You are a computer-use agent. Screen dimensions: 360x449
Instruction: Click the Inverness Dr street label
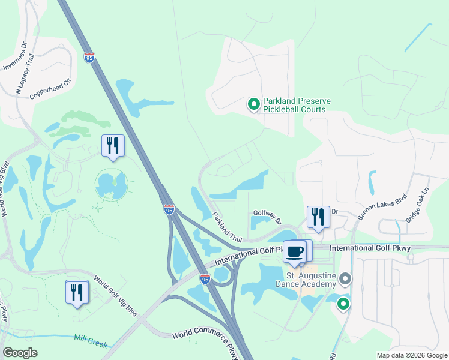[16, 56]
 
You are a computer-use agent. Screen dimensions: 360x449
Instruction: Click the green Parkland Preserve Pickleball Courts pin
[254, 105]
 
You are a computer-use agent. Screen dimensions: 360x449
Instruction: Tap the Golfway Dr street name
[267, 215]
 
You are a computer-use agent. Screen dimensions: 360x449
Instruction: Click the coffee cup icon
[294, 251]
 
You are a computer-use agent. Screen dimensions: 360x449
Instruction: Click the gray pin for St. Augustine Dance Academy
[345, 279]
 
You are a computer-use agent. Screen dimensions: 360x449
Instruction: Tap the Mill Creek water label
[91, 341]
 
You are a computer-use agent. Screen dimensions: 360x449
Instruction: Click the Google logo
[20, 353]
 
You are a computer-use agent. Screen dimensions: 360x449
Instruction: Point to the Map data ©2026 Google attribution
[411, 355]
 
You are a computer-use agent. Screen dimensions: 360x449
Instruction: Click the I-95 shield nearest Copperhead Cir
[89, 58]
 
